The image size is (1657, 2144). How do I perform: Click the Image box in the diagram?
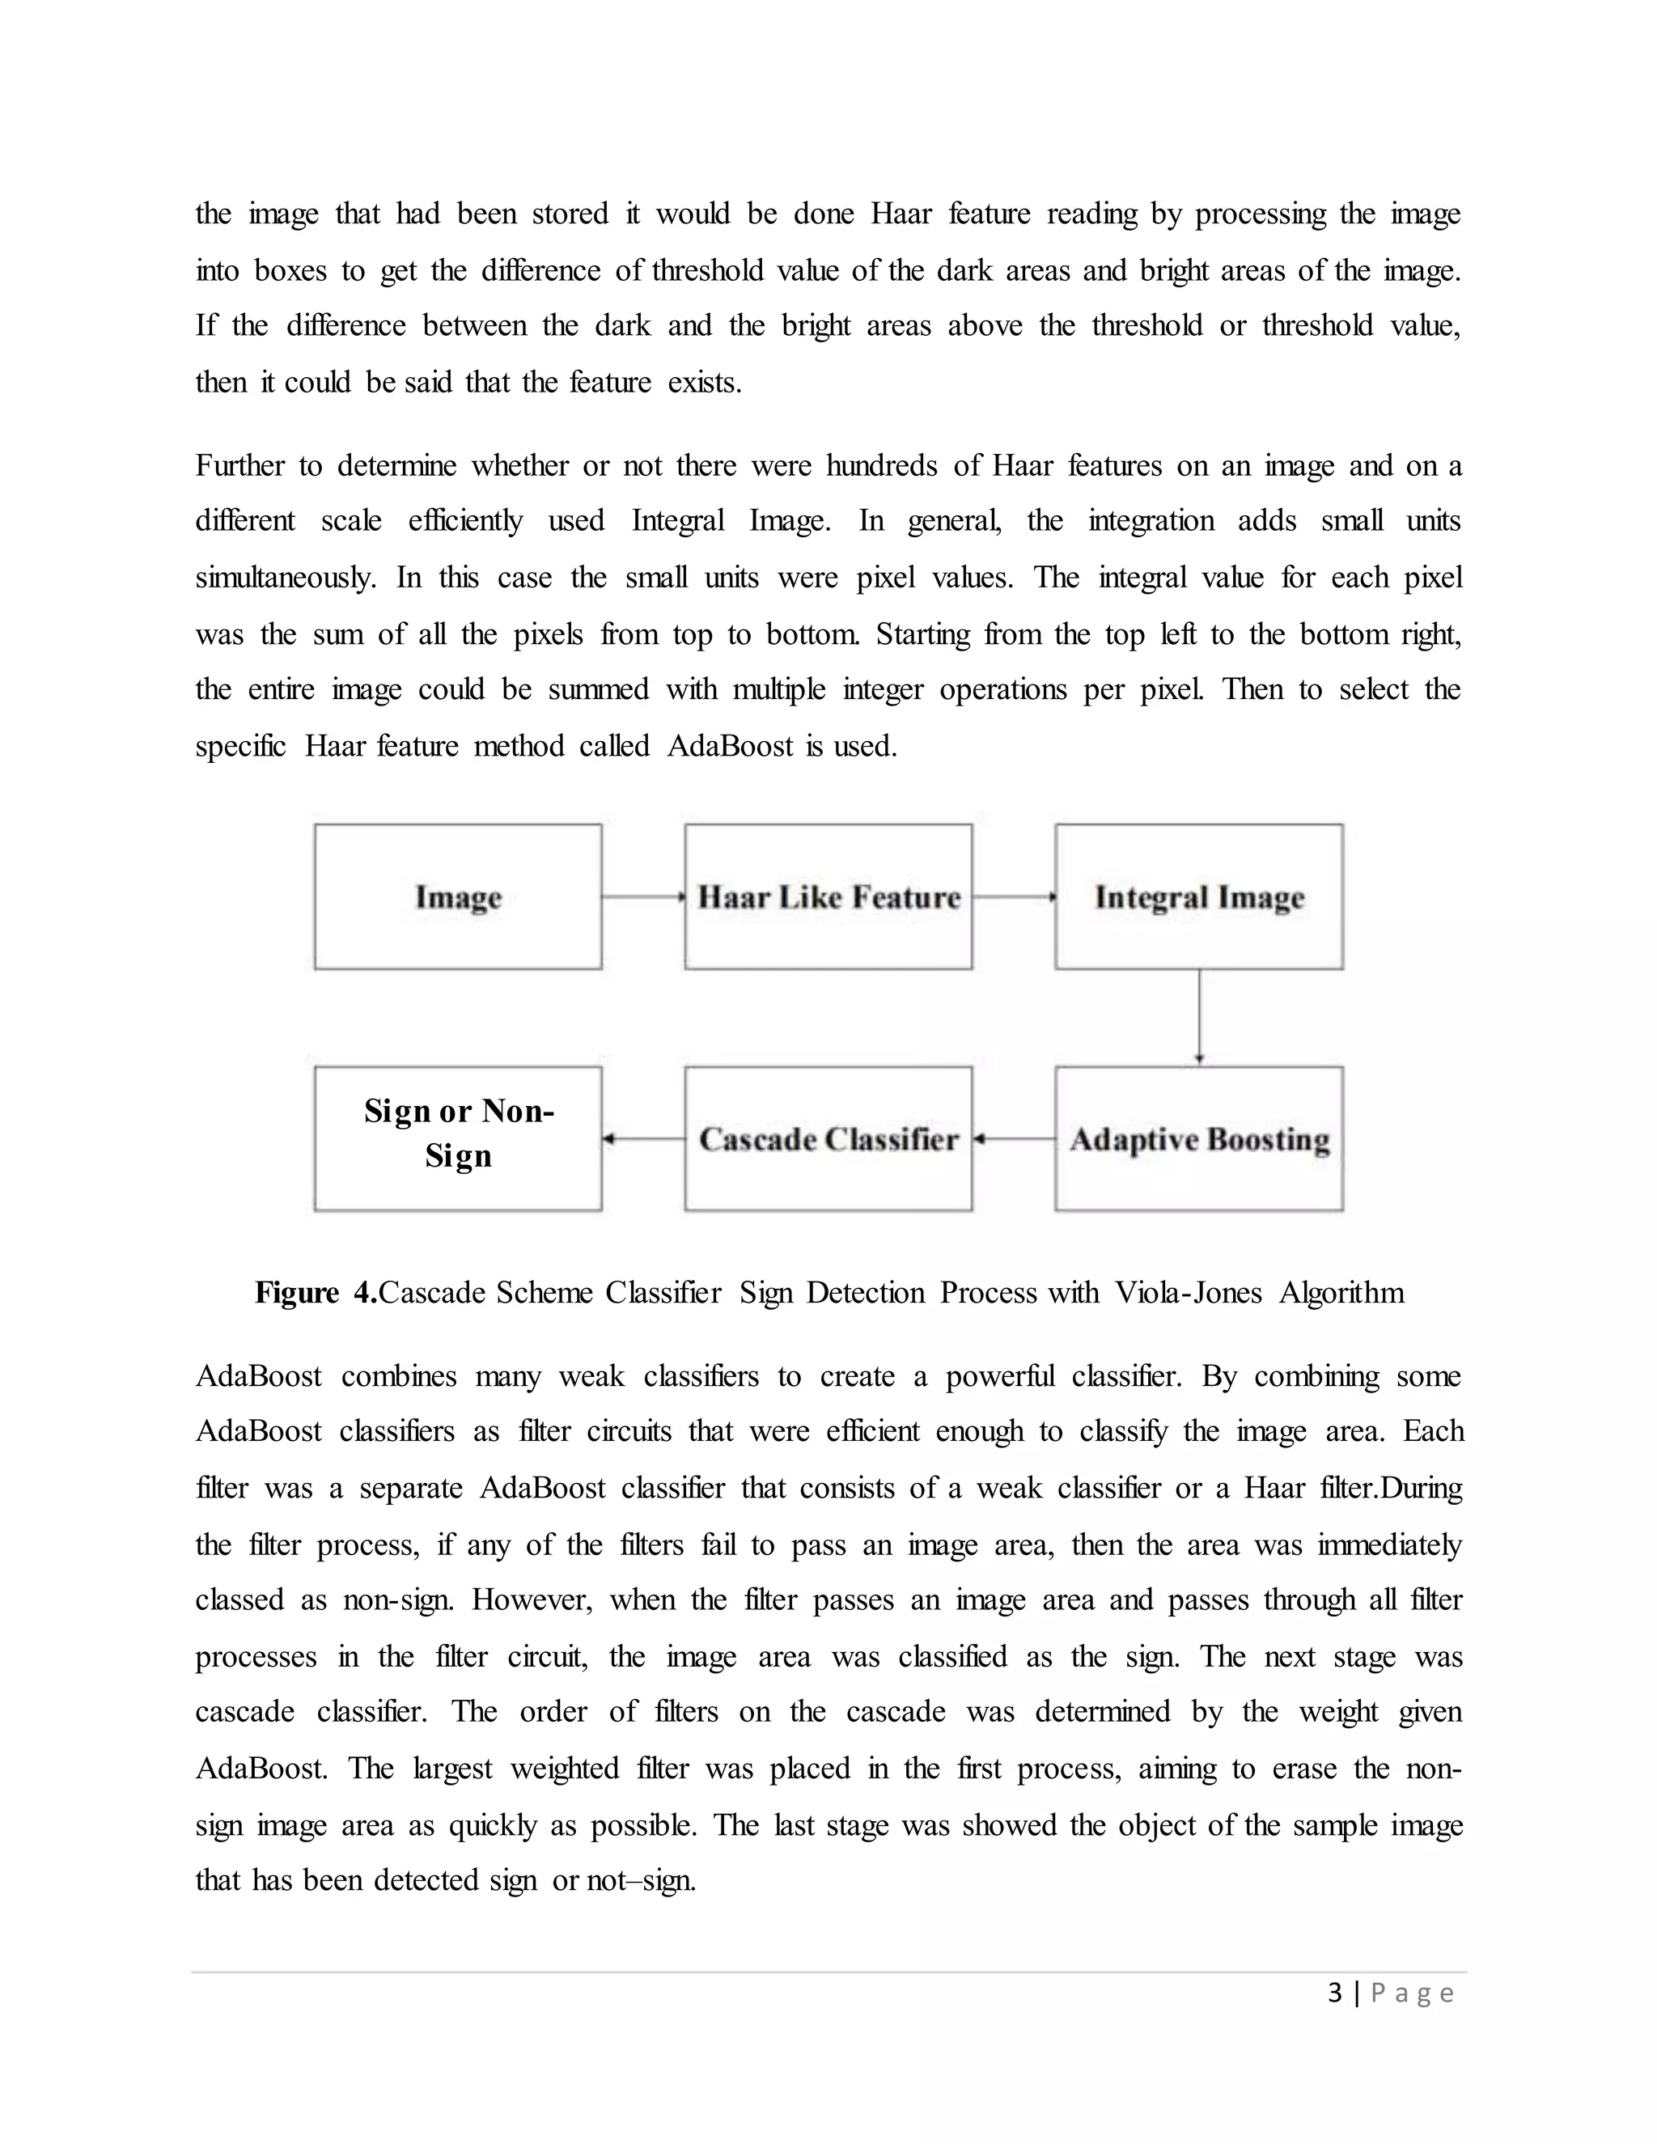pos(457,896)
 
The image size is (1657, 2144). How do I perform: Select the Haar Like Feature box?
pos(828,896)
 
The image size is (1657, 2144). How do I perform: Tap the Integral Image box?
pos(1198,896)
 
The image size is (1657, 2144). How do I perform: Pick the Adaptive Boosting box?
pos(1198,1139)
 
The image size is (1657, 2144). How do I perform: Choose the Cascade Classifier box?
pos(828,1139)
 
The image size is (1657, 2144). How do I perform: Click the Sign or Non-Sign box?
pos(457,1139)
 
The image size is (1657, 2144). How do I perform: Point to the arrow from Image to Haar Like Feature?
pos(643,896)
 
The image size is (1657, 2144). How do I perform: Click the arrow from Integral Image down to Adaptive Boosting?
pos(1200,1017)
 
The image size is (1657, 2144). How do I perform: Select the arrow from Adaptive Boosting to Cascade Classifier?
pos(1014,1139)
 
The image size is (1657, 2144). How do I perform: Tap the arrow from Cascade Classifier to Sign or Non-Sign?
pos(643,1139)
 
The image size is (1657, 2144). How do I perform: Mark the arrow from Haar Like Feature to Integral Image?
pos(1014,896)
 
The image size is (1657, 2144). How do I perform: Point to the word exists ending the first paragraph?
pos(704,382)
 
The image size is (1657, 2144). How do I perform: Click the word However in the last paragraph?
pos(531,1600)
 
